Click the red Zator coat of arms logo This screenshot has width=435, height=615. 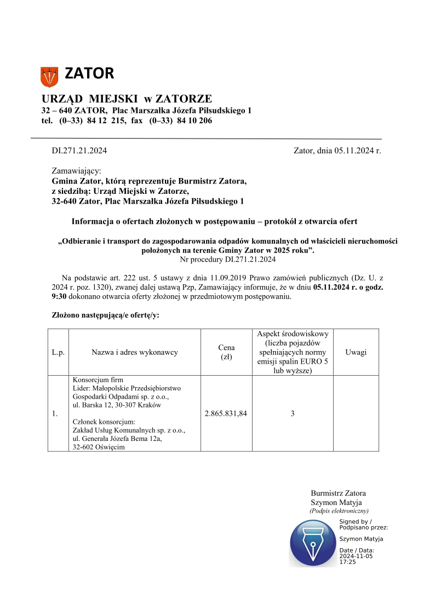(x=49, y=76)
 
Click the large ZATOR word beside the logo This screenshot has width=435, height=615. (x=89, y=73)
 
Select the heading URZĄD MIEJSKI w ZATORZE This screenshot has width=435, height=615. (x=127, y=99)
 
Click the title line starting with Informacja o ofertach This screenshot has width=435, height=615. (x=214, y=222)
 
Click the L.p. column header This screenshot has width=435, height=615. (x=58, y=352)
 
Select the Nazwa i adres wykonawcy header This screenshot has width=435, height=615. (x=135, y=352)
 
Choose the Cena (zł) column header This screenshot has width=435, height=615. (x=226, y=352)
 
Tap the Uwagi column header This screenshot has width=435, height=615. (x=356, y=352)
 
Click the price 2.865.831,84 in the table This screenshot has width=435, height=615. (x=226, y=413)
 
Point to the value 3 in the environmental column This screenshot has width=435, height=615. (x=293, y=413)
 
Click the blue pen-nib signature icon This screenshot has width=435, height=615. (x=313, y=543)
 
